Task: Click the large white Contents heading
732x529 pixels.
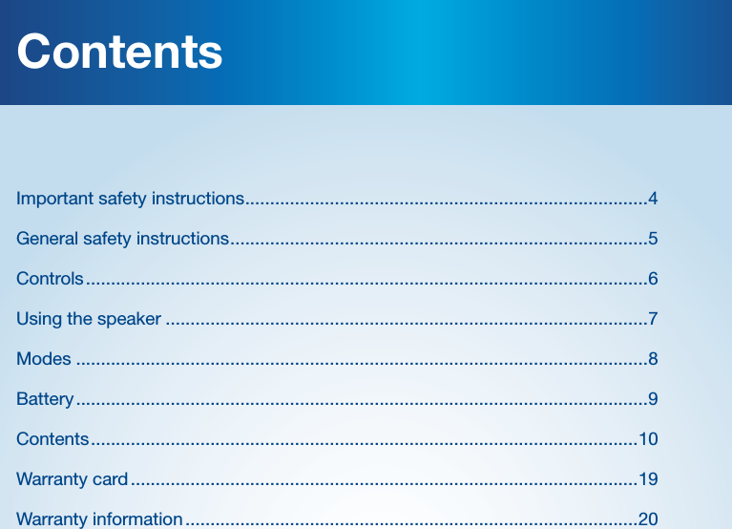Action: tap(119, 52)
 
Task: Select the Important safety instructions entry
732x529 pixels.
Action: tap(130, 199)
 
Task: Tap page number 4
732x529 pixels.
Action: tap(653, 199)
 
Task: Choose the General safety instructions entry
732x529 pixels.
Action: tap(122, 238)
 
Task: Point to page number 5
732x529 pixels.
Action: tap(653, 238)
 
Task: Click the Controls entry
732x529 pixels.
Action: tap(50, 279)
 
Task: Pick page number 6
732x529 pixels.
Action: tap(653, 279)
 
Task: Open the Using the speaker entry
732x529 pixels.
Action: tap(89, 319)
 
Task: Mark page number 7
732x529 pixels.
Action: tap(653, 319)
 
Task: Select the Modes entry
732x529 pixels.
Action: tap(44, 359)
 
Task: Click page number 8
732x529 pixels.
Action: tap(653, 359)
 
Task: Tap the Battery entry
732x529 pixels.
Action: tap(45, 399)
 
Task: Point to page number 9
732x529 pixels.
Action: tap(653, 399)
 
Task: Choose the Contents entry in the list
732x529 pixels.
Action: tap(52, 439)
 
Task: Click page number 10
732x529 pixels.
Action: tap(648, 439)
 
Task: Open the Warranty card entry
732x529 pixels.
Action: tap(72, 478)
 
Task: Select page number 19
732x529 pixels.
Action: tap(648, 478)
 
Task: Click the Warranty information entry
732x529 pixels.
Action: tap(99, 519)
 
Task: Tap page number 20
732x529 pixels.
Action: tap(648, 519)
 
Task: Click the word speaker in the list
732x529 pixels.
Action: tap(129, 319)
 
